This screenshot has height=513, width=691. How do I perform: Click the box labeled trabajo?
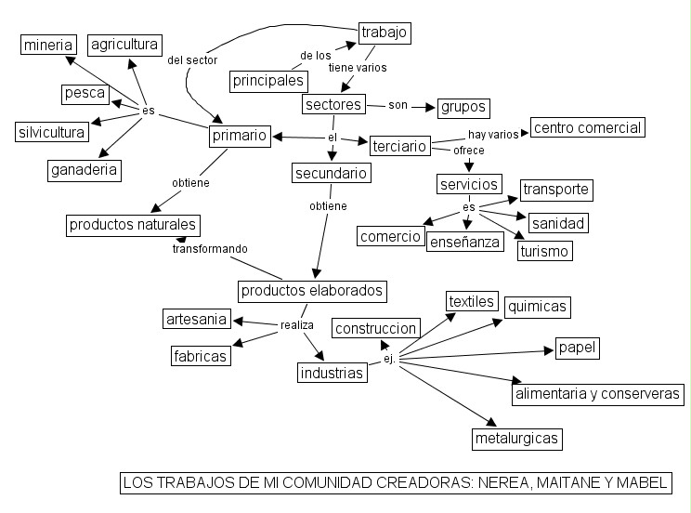coord(385,33)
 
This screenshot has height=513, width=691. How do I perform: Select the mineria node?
coord(48,44)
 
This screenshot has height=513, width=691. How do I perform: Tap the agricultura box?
coord(124,44)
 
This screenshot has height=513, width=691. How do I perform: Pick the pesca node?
coord(85,94)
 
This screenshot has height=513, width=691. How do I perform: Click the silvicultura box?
coord(53,131)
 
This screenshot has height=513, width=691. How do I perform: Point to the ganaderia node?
coord(85,170)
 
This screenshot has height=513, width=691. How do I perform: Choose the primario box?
coord(239,136)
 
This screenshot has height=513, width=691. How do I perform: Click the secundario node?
coord(332,173)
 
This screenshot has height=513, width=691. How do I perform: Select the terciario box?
coord(399,146)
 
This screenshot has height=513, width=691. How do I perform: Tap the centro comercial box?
coord(587,127)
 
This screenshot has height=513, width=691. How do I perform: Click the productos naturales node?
coord(134,224)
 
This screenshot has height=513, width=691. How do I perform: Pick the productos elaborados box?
coord(312,291)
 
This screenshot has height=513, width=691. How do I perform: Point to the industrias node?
coord(332,374)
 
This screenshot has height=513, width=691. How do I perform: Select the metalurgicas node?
coord(517,438)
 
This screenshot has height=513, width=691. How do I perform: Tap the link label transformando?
coord(210,249)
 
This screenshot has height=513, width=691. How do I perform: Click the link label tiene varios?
coord(358,68)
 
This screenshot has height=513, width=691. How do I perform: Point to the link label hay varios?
coord(493,135)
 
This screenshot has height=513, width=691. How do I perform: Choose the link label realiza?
coord(297,325)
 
